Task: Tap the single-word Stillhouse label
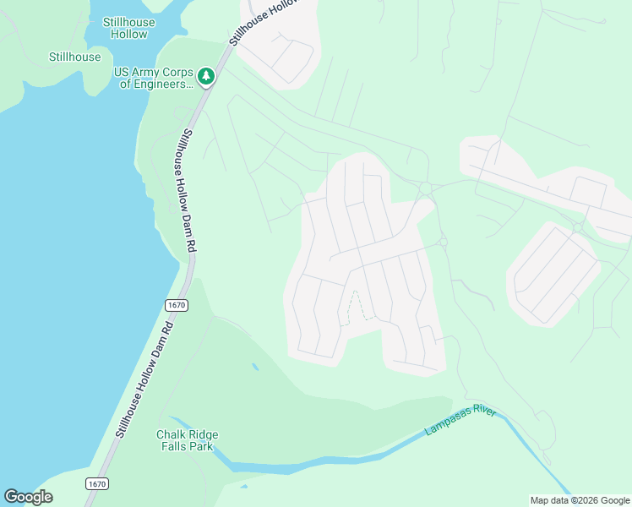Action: click(x=74, y=57)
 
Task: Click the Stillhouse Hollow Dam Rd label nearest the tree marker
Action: click(x=188, y=190)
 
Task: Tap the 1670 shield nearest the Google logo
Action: click(x=97, y=484)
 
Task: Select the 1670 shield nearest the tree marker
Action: click(x=176, y=304)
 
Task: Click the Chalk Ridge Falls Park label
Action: click(x=187, y=440)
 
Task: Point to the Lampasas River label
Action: click(x=461, y=420)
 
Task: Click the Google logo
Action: click(x=28, y=497)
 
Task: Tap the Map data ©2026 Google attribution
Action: click(x=580, y=500)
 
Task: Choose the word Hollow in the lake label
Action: click(x=128, y=35)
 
